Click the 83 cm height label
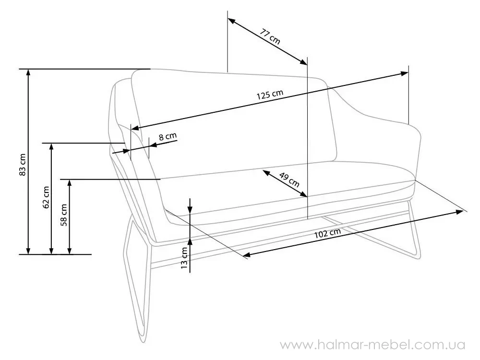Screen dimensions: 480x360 click(23, 165)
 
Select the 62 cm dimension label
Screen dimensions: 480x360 click(46, 197)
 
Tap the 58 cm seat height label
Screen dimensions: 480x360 click(64, 215)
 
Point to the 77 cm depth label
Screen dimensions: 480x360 click(270, 36)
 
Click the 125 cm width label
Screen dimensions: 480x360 click(270, 95)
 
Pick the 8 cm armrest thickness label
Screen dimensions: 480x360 click(168, 136)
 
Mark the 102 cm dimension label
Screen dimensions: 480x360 click(327, 234)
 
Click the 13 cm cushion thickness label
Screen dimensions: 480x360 click(184, 258)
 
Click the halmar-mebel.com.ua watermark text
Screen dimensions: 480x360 click(373, 345)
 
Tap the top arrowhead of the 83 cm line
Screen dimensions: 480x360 click(28, 72)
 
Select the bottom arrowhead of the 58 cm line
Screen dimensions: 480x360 click(70, 251)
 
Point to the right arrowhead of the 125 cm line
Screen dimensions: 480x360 click(404, 73)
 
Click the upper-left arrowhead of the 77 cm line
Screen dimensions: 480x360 click(231, 21)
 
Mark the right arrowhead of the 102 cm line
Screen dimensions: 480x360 click(459, 212)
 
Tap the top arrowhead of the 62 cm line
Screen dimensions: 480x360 click(51, 146)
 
